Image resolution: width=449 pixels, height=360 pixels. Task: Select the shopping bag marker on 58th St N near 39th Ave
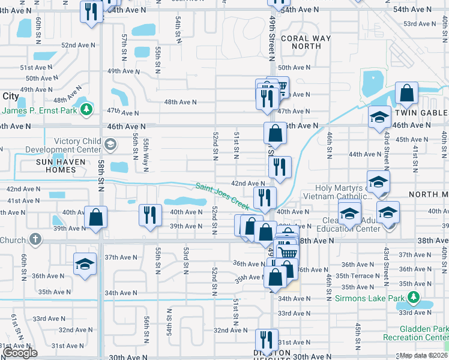[95, 217]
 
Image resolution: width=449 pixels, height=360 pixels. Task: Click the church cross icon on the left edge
[35, 239]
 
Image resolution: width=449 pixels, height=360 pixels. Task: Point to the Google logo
[20, 353]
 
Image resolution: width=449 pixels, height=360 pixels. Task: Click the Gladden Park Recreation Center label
[424, 333]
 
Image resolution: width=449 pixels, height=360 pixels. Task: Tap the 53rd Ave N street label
[418, 23]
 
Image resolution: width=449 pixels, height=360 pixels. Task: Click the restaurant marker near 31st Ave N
[267, 339]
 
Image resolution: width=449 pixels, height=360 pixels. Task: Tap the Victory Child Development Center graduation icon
[110, 145]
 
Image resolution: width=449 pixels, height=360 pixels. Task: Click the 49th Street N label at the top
[272, 39]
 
